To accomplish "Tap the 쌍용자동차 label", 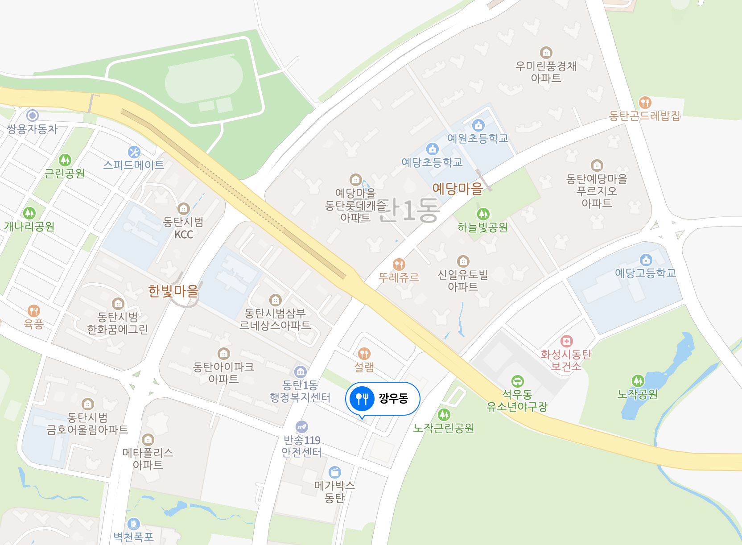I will click(x=32, y=129).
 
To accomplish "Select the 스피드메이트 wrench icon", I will click(x=134, y=152).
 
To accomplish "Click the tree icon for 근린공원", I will click(x=65, y=160).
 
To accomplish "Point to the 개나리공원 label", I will click(x=29, y=227).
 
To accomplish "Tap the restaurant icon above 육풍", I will click(x=34, y=310).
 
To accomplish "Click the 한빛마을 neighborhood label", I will click(x=173, y=291).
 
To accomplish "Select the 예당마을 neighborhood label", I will click(x=458, y=189).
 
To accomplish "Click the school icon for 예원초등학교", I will click(x=478, y=125).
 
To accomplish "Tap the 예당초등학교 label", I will click(x=432, y=162).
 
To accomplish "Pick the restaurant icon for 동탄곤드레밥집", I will click(x=645, y=103).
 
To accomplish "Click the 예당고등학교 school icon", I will click(x=646, y=260).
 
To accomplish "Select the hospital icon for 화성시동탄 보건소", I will click(x=566, y=341).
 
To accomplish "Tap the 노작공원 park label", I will click(x=637, y=394).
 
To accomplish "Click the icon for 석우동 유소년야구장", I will click(x=517, y=381).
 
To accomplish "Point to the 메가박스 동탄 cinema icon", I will click(x=334, y=472).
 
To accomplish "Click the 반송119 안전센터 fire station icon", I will click(x=302, y=427).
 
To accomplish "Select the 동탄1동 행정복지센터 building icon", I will click(x=300, y=372).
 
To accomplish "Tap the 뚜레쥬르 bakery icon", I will click(x=399, y=264).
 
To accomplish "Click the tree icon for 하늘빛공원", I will click(x=483, y=214).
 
